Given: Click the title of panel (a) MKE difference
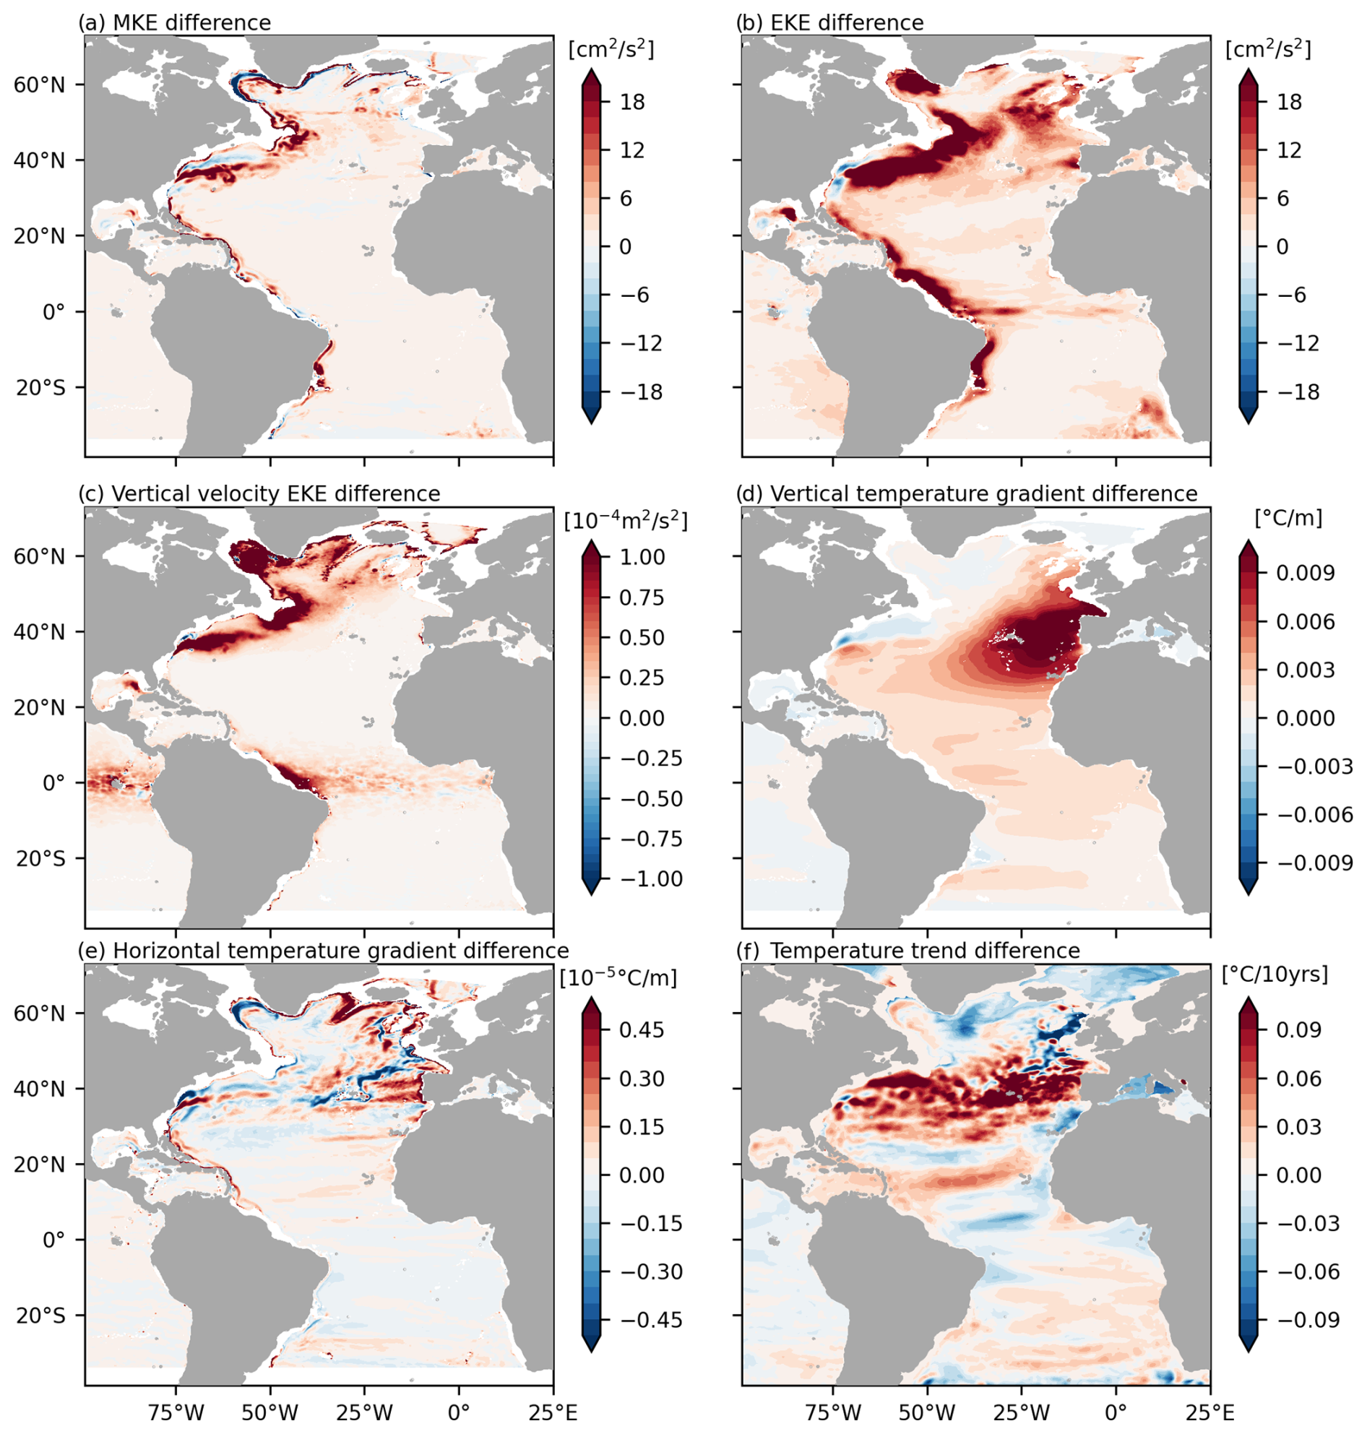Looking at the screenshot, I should click(x=175, y=22).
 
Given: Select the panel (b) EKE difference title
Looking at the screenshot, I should click(x=830, y=22).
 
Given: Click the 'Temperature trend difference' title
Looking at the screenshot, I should click(x=925, y=951).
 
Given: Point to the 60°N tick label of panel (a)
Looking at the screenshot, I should click(x=39, y=85).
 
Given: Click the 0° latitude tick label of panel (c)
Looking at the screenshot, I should click(x=54, y=784).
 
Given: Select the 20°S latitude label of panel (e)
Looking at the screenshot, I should click(x=39, y=1316).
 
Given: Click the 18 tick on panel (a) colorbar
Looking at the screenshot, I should click(x=632, y=102).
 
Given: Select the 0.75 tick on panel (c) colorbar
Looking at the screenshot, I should click(x=642, y=598).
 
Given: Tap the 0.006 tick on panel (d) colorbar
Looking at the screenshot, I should click(x=1305, y=621).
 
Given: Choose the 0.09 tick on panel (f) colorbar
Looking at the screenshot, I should click(x=1298, y=1029).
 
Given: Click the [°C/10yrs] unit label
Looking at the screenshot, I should click(x=1275, y=975).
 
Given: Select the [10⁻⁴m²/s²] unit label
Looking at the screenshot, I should click(x=625, y=521).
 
